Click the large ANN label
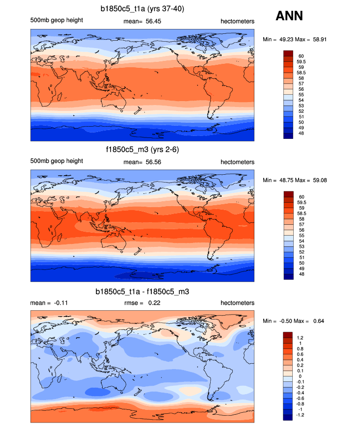coord(289,16)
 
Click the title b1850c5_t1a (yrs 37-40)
coord(142,9)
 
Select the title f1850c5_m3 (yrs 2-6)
coord(142,150)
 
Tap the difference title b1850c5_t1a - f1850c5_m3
coord(142,292)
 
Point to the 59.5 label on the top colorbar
coord(302,62)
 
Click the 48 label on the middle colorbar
coord(300,276)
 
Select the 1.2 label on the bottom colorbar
coord(300,338)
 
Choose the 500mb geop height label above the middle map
coord(56,161)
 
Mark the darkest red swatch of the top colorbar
coord(288,53)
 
